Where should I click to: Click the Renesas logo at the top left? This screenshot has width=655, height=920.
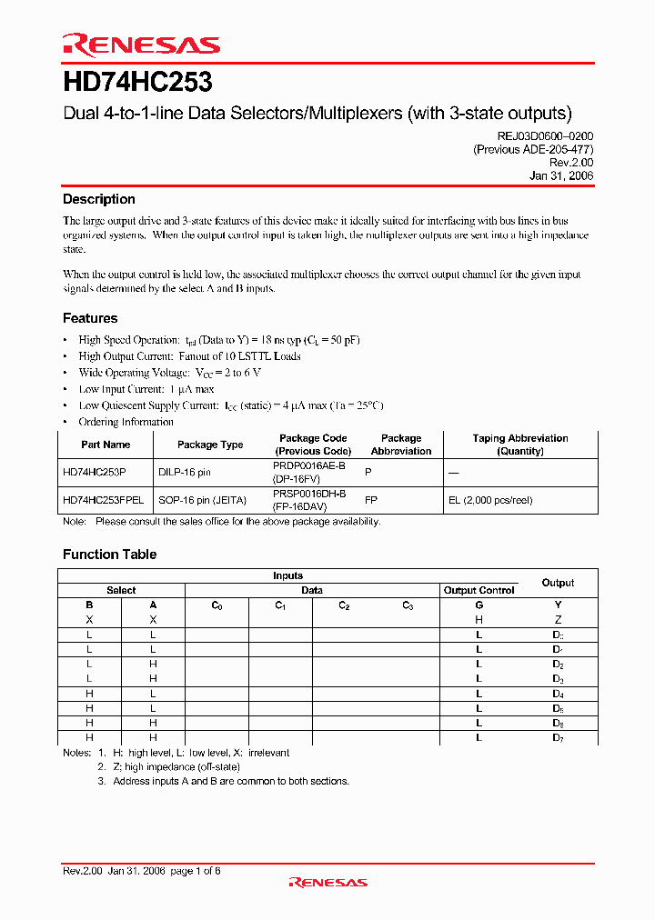[x=140, y=45]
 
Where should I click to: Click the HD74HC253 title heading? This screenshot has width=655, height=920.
[x=137, y=83]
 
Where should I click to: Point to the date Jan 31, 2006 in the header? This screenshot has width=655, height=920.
[x=561, y=176]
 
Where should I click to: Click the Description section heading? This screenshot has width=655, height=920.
[x=98, y=199]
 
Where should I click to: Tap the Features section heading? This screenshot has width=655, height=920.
[x=90, y=318]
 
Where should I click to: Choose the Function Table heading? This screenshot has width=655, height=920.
[x=109, y=555]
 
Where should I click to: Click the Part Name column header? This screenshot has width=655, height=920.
[x=106, y=445]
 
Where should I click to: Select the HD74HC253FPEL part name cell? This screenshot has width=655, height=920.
[x=105, y=500]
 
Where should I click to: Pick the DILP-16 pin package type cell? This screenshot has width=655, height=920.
[x=185, y=473]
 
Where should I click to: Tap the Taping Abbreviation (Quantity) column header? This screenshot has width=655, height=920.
[x=519, y=445]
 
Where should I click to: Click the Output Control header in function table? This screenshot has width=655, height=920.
[x=479, y=590]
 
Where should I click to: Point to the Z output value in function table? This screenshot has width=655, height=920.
[x=558, y=620]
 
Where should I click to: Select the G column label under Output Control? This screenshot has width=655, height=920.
[x=479, y=605]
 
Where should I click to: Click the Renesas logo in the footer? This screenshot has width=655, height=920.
[x=327, y=882]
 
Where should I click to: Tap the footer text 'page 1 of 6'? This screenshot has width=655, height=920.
[x=196, y=871]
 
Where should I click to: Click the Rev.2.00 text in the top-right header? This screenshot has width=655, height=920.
[x=571, y=163]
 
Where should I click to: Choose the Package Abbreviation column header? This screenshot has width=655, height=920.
[x=401, y=445]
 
